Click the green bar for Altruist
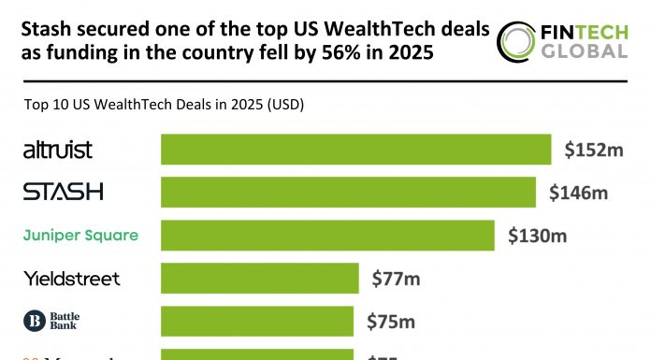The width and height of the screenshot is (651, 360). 355,150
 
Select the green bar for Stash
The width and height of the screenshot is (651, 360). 348,193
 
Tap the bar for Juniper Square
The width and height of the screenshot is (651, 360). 327,236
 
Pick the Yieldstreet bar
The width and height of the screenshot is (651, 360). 260,278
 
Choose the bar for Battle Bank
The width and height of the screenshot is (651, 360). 257,321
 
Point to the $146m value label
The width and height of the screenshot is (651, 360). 579,193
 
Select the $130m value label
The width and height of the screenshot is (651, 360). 538,236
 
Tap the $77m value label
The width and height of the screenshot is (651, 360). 397,278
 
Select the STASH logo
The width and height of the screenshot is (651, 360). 63,193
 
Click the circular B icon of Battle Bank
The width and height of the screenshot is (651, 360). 34,321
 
